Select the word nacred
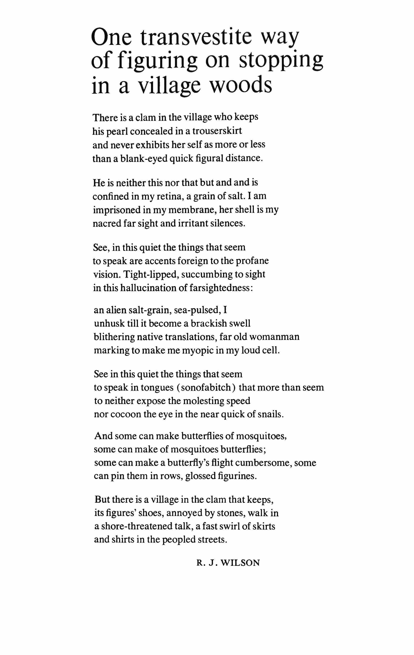coord(106,224)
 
